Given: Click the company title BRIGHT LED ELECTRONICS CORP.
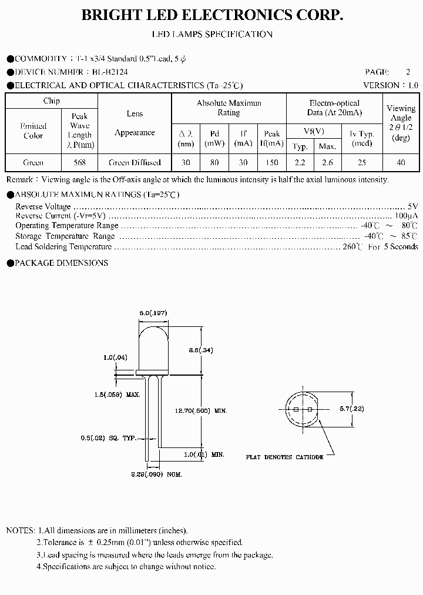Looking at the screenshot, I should click(x=211, y=16).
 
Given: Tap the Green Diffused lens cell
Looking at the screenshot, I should click(x=135, y=162).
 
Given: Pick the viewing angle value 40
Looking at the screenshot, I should click(x=401, y=162).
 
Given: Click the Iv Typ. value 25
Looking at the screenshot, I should click(x=361, y=162).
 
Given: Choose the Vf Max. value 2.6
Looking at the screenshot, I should click(x=327, y=162).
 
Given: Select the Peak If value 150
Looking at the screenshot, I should click(x=271, y=162).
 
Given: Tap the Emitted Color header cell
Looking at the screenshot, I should click(x=33, y=131).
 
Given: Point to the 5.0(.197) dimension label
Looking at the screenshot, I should click(x=153, y=314).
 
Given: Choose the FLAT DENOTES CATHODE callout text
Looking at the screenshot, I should click(x=285, y=457).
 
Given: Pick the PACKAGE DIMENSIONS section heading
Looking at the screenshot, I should click(x=61, y=263).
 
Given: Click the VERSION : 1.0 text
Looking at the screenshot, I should click(x=391, y=85).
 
